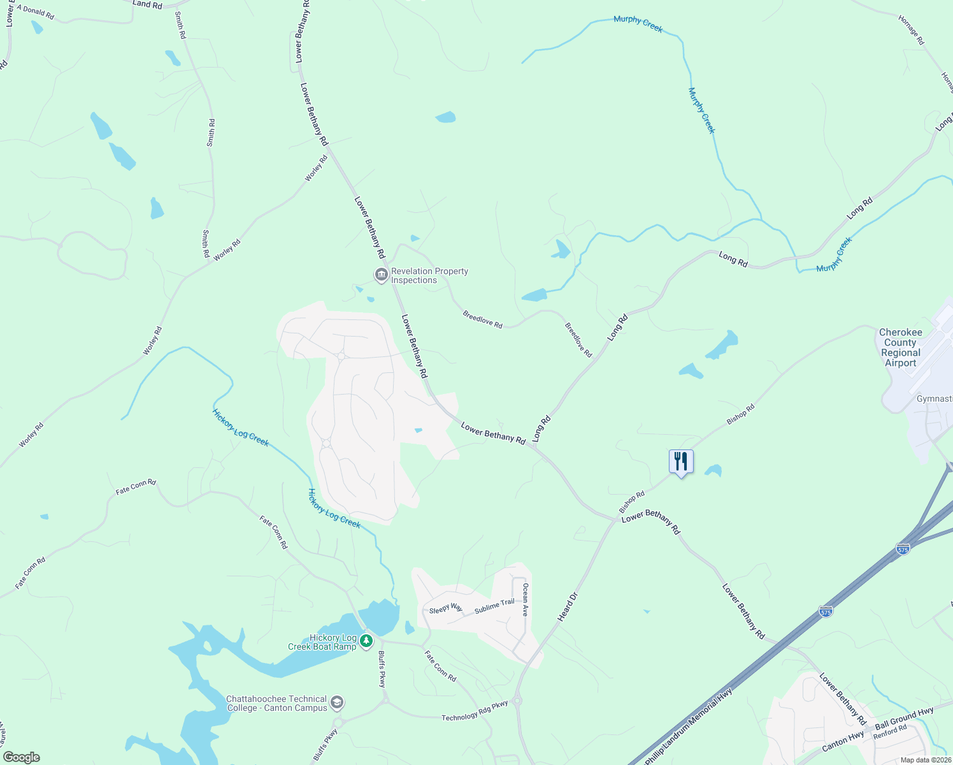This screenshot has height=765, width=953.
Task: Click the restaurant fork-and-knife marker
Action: (x=681, y=461)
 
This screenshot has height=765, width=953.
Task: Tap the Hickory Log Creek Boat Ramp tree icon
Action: (x=366, y=640)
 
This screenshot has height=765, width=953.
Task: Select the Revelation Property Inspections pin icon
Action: (x=381, y=275)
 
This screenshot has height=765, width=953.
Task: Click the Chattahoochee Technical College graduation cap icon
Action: (x=337, y=703)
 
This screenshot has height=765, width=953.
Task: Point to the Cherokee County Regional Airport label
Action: (x=900, y=347)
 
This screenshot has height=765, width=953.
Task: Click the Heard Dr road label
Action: (x=568, y=607)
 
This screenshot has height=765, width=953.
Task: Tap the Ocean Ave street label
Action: (x=526, y=599)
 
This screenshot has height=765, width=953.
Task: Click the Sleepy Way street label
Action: (x=446, y=609)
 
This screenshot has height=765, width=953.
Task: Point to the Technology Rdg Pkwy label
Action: (x=475, y=711)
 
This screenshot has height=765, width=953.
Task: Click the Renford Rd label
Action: (x=890, y=732)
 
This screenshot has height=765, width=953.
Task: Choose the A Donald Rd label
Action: (x=36, y=11)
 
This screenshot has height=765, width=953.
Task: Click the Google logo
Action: (x=21, y=757)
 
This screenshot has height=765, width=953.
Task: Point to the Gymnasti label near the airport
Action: (x=934, y=399)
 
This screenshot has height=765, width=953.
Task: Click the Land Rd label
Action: (x=147, y=4)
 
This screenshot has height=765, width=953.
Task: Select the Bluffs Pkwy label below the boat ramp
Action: (x=382, y=669)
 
